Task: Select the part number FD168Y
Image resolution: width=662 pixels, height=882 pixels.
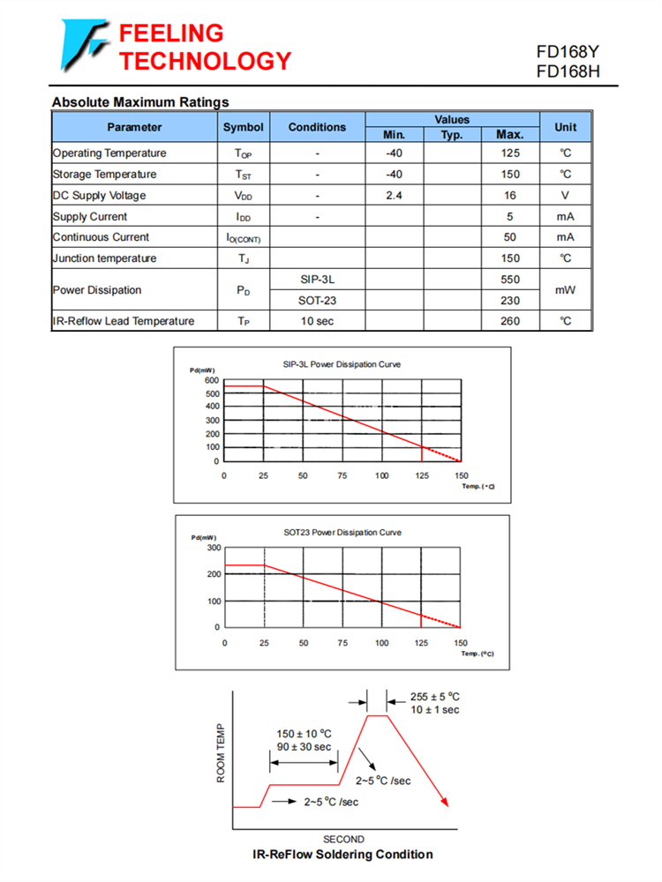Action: tap(568, 53)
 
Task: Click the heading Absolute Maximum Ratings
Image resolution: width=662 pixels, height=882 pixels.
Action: tap(140, 102)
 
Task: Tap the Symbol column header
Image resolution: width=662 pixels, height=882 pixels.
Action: tap(243, 127)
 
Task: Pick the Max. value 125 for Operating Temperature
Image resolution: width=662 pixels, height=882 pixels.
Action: tap(509, 153)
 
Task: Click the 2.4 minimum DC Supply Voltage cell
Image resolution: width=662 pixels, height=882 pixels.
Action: tap(394, 195)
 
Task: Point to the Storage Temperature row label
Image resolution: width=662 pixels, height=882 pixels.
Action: tap(104, 175)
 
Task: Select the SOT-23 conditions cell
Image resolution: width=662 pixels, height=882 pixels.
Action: tap(317, 301)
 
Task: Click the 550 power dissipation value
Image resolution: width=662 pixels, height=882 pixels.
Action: tap(509, 280)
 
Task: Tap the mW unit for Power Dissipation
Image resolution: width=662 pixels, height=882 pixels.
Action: tap(565, 289)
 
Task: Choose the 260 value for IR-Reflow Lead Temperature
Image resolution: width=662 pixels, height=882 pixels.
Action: tap(509, 321)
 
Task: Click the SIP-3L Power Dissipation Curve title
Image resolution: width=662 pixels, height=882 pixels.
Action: tap(342, 363)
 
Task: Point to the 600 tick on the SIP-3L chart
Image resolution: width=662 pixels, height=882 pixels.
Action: tap(212, 380)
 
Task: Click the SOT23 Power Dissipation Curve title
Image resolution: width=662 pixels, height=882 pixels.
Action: tap(342, 532)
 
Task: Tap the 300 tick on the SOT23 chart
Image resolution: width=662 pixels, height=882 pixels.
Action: tap(212, 548)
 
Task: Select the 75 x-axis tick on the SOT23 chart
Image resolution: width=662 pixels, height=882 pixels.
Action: tap(342, 643)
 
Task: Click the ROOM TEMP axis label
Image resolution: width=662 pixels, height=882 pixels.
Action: tap(221, 754)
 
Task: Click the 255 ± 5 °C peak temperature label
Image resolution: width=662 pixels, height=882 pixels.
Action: tap(435, 696)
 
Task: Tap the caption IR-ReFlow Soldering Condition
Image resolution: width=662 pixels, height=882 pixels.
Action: tap(342, 854)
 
